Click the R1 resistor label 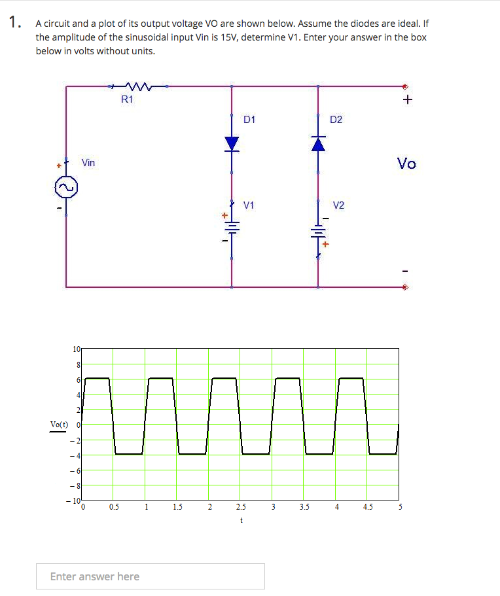pos(127,99)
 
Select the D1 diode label pos(249,119)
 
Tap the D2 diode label pos(336,119)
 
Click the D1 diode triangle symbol pos(232,143)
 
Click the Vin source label pos(88,162)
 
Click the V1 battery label pos(249,205)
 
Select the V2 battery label pos(338,205)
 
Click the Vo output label pos(406,163)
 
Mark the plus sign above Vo pos(408,100)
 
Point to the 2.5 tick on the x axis pos(241,506)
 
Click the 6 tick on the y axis pos(79,379)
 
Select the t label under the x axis pos(241,521)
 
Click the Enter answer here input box pos(151,576)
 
